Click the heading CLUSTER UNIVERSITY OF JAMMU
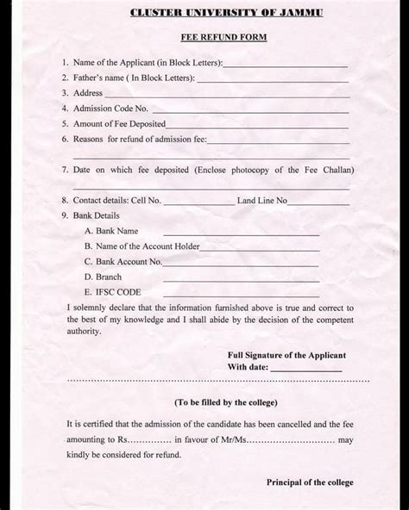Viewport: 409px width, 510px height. click(214, 13)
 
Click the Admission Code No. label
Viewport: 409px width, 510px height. click(111, 109)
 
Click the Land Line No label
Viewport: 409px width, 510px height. click(262, 200)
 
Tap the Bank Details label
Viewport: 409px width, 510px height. click(97, 215)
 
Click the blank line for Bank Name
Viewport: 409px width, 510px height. click(241, 233)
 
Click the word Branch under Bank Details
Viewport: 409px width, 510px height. click(109, 277)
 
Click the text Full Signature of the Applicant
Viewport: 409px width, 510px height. click(286, 355)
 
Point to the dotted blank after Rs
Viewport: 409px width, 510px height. click(146, 440)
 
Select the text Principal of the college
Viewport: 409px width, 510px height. click(310, 482)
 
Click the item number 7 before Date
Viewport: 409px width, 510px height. click(65, 170)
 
